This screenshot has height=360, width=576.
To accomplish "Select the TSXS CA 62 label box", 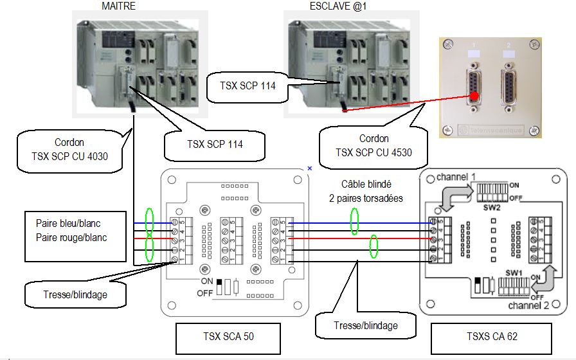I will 491,336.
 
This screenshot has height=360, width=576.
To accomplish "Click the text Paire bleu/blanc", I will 68,224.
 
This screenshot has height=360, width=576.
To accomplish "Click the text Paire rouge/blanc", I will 71,237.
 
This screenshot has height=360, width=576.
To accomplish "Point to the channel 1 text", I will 456,176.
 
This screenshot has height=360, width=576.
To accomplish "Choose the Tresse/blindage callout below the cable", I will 366,325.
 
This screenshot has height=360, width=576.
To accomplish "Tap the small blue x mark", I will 310,168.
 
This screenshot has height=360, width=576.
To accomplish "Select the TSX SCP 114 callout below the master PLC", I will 213,144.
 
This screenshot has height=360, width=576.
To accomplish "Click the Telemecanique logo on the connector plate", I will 492,129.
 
